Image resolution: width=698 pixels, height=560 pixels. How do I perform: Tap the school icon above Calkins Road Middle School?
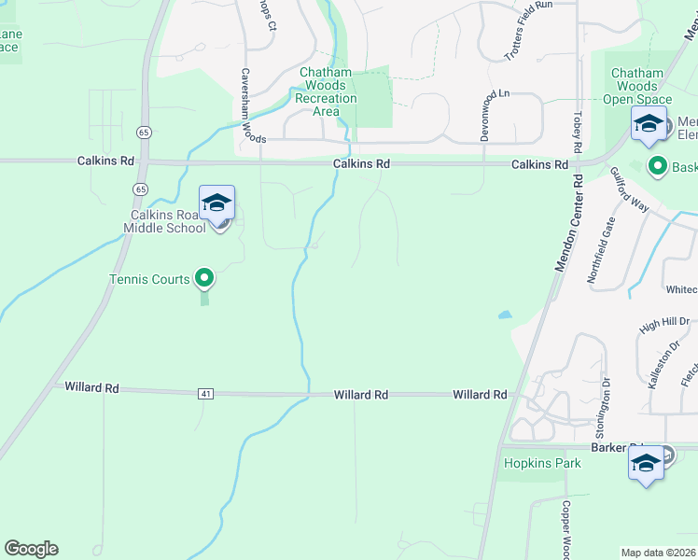pyautogui.click(x=216, y=202)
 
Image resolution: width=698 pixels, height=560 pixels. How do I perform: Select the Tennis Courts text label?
pyautogui.click(x=150, y=278)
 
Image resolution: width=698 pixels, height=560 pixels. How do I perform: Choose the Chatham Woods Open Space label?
pyautogui.click(x=640, y=86)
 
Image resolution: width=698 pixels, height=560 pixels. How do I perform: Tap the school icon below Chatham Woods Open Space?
pyautogui.click(x=649, y=123)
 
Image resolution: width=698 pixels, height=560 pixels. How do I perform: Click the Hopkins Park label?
pyautogui.click(x=542, y=463)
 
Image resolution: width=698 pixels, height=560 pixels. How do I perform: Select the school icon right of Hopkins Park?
pyautogui.click(x=646, y=465)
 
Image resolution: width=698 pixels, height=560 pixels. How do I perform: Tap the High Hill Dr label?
pyautogui.click(x=663, y=324)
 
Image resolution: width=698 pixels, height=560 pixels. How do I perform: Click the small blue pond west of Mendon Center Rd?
pyautogui.click(x=505, y=315)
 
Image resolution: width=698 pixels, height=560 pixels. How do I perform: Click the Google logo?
pyautogui.click(x=31, y=548)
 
